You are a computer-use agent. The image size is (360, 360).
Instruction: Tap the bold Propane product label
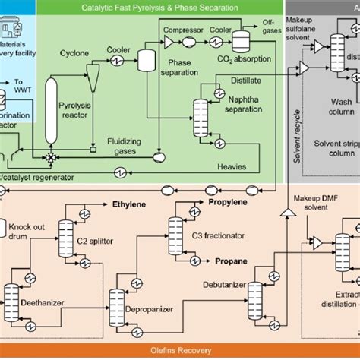pos(229,261)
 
